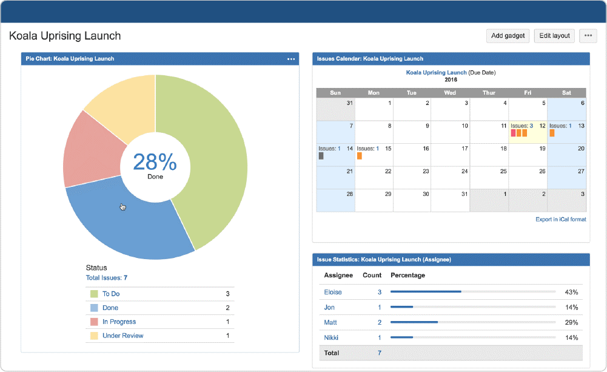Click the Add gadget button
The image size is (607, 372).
point(508,36)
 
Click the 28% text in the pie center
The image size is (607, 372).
point(155,162)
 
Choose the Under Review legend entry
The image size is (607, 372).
point(122,336)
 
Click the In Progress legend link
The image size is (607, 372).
point(119,322)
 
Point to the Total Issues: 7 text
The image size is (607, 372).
point(107,278)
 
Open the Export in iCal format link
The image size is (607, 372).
point(560,219)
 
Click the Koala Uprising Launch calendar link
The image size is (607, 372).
point(435,72)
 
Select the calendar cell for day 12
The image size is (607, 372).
point(528,132)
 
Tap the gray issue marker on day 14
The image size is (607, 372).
point(321,156)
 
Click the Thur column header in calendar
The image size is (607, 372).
point(489,93)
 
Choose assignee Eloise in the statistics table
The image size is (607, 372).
point(333,292)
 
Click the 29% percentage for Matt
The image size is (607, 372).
point(571,322)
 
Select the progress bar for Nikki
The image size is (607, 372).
point(473,337)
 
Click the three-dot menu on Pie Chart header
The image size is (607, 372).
point(291,59)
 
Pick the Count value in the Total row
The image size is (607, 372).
point(380,353)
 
